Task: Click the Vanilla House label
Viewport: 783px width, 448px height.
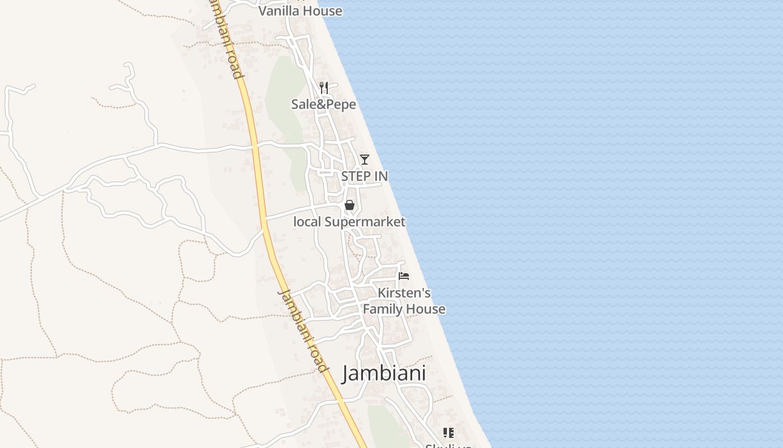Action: (x=300, y=11)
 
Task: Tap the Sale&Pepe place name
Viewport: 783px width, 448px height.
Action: (x=323, y=104)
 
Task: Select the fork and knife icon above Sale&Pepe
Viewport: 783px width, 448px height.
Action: (x=323, y=88)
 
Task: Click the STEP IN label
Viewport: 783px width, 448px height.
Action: (x=364, y=176)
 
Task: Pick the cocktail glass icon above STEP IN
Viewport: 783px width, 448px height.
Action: (x=364, y=160)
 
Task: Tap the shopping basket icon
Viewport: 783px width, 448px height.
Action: (x=350, y=205)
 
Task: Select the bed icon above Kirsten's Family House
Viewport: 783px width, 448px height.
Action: (x=404, y=276)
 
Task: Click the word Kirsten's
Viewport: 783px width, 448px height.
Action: (x=404, y=293)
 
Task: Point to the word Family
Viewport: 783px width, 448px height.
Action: (x=384, y=309)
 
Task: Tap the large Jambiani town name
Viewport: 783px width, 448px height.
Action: (x=384, y=373)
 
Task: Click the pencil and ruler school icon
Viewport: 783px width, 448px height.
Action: (x=448, y=432)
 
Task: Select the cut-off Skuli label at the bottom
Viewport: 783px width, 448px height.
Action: (x=449, y=446)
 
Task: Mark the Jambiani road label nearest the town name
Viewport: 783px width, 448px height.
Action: (x=303, y=331)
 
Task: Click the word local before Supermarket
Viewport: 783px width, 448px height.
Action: (x=307, y=222)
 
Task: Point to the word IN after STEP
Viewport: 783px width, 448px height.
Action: (x=380, y=176)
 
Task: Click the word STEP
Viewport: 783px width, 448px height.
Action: (x=356, y=176)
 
